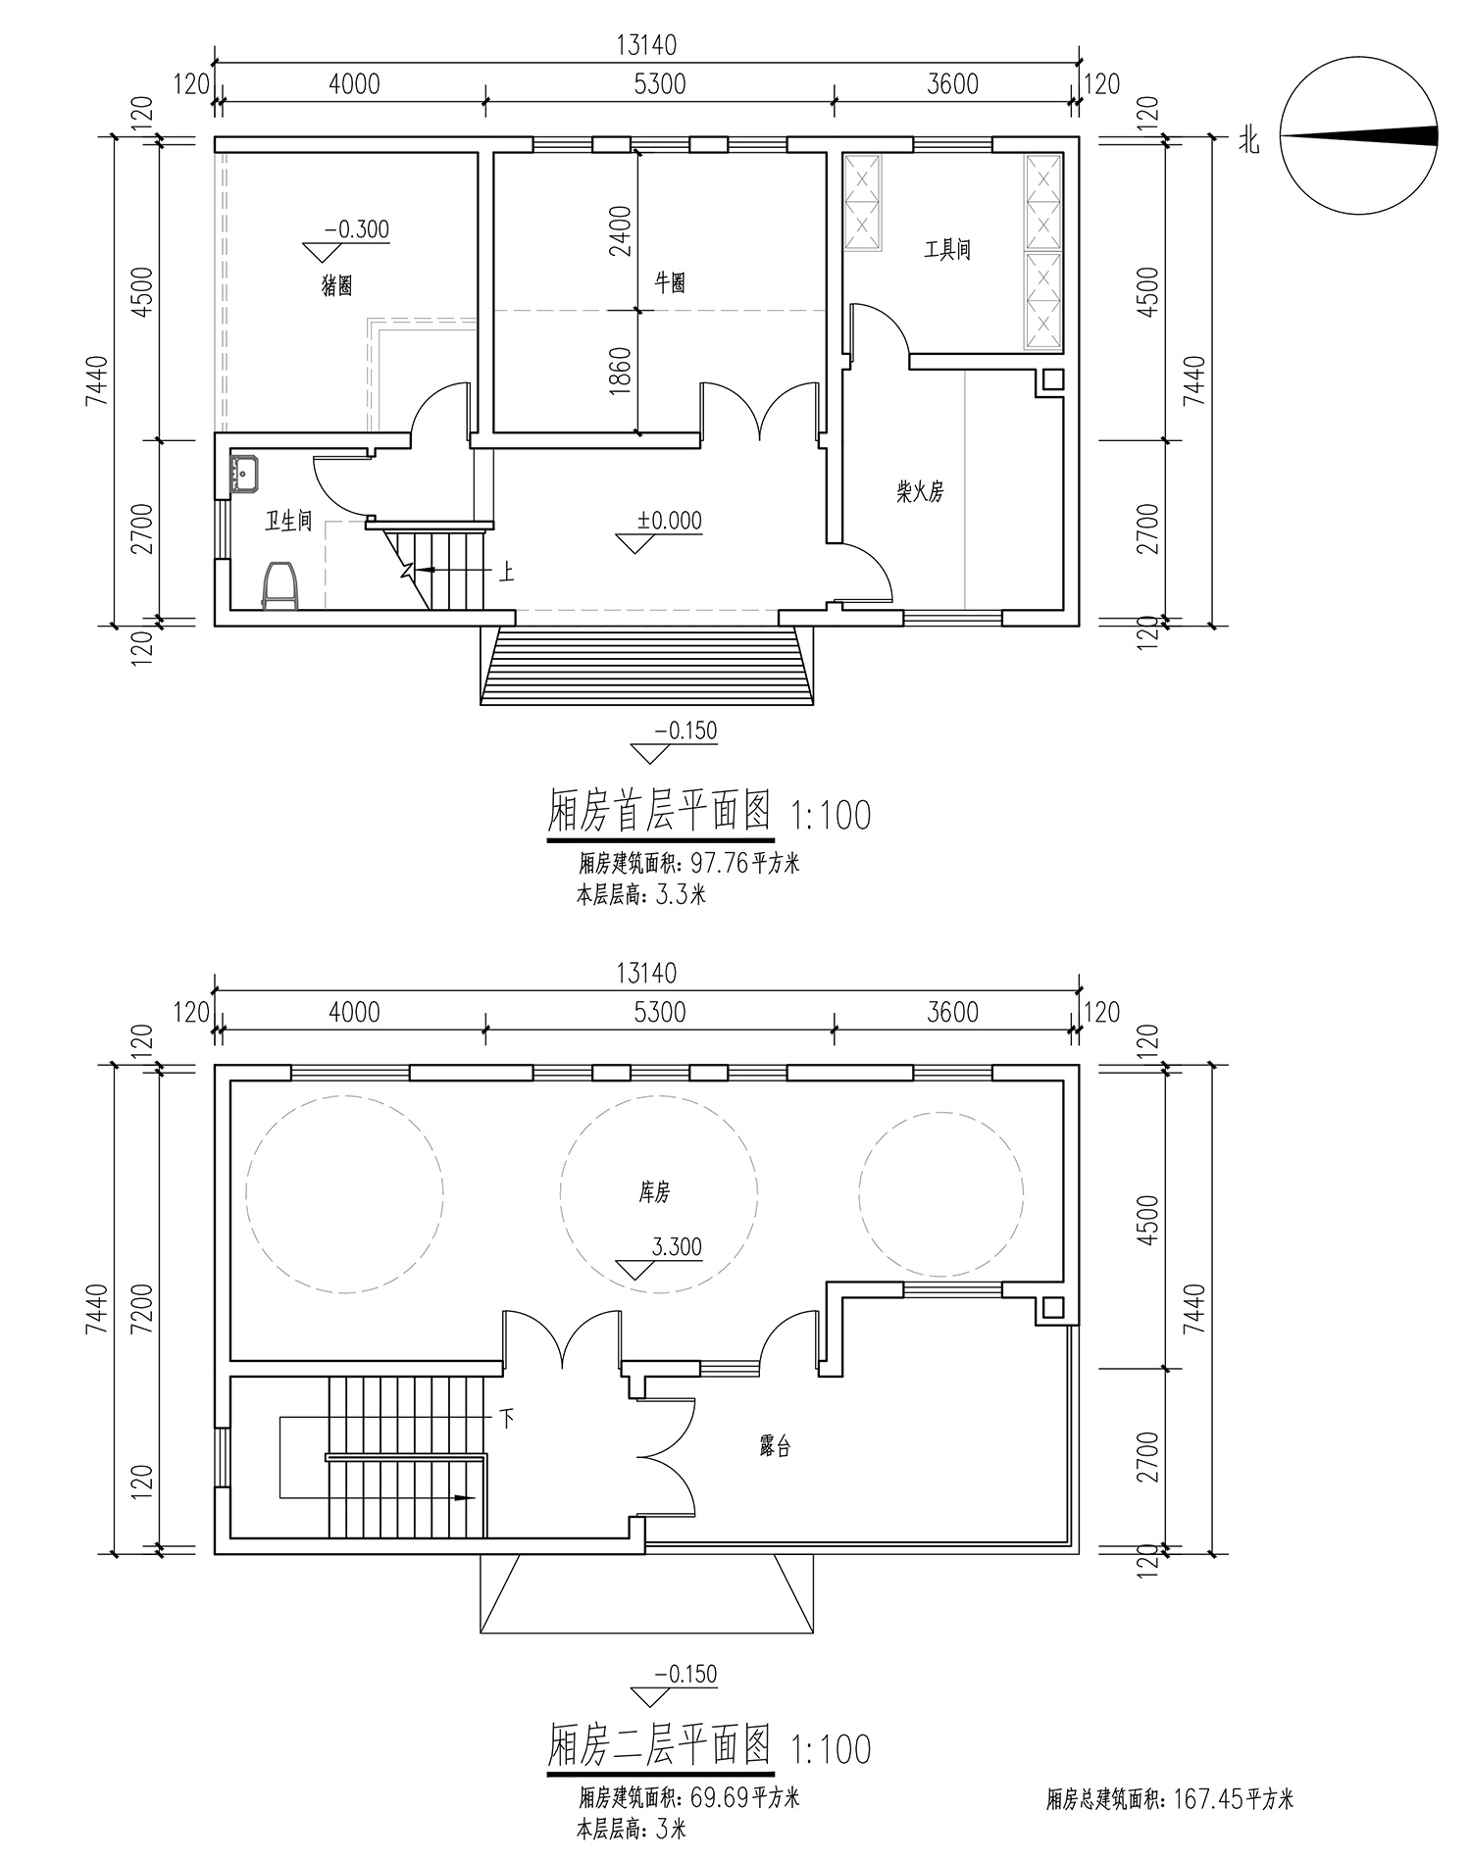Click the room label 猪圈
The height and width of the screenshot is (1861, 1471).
pos(337,286)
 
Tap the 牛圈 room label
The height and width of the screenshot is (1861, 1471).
pos(670,283)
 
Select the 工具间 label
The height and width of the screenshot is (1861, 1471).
pos(947,249)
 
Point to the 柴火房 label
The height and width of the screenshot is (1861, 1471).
pos(920,491)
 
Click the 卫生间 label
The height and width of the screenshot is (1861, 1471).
pos(289,521)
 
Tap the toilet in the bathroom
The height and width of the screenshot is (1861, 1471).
pos(280,585)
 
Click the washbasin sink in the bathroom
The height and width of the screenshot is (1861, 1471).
pos(244,475)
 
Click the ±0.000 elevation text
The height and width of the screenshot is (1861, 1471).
pos(670,521)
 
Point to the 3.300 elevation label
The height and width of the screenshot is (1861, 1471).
pos(677,1246)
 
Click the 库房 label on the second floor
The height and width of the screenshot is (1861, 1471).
pos(654,1192)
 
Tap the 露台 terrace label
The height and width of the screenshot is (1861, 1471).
pos(775,1446)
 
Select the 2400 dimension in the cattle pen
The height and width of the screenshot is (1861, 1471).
pos(621,230)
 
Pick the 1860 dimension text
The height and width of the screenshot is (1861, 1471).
pos(621,371)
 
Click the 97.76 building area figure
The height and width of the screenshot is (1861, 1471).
pos(720,864)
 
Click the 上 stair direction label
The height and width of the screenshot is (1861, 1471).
pos(506,572)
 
